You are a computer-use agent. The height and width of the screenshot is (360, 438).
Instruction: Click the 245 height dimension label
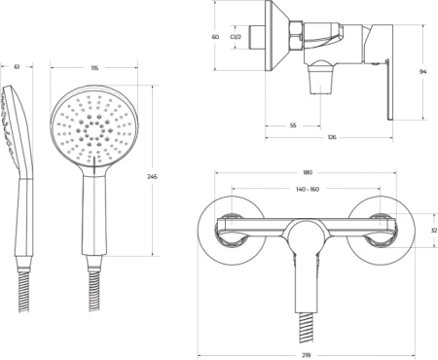click(152, 177)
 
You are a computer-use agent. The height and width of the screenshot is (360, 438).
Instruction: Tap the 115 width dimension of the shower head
click(94, 68)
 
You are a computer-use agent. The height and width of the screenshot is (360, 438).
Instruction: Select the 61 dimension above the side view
click(17, 67)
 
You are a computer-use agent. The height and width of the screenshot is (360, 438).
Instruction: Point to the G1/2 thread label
click(236, 37)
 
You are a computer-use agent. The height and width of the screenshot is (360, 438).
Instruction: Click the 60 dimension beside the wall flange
click(215, 37)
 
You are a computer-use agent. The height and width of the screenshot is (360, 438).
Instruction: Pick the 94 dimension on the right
click(423, 72)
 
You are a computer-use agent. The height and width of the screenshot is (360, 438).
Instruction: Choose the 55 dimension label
click(293, 126)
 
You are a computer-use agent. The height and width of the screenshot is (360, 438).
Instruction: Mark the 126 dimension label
click(332, 137)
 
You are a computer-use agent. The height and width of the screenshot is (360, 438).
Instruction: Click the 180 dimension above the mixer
click(308, 172)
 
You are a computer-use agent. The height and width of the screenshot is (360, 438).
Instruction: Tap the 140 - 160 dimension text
click(308, 189)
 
